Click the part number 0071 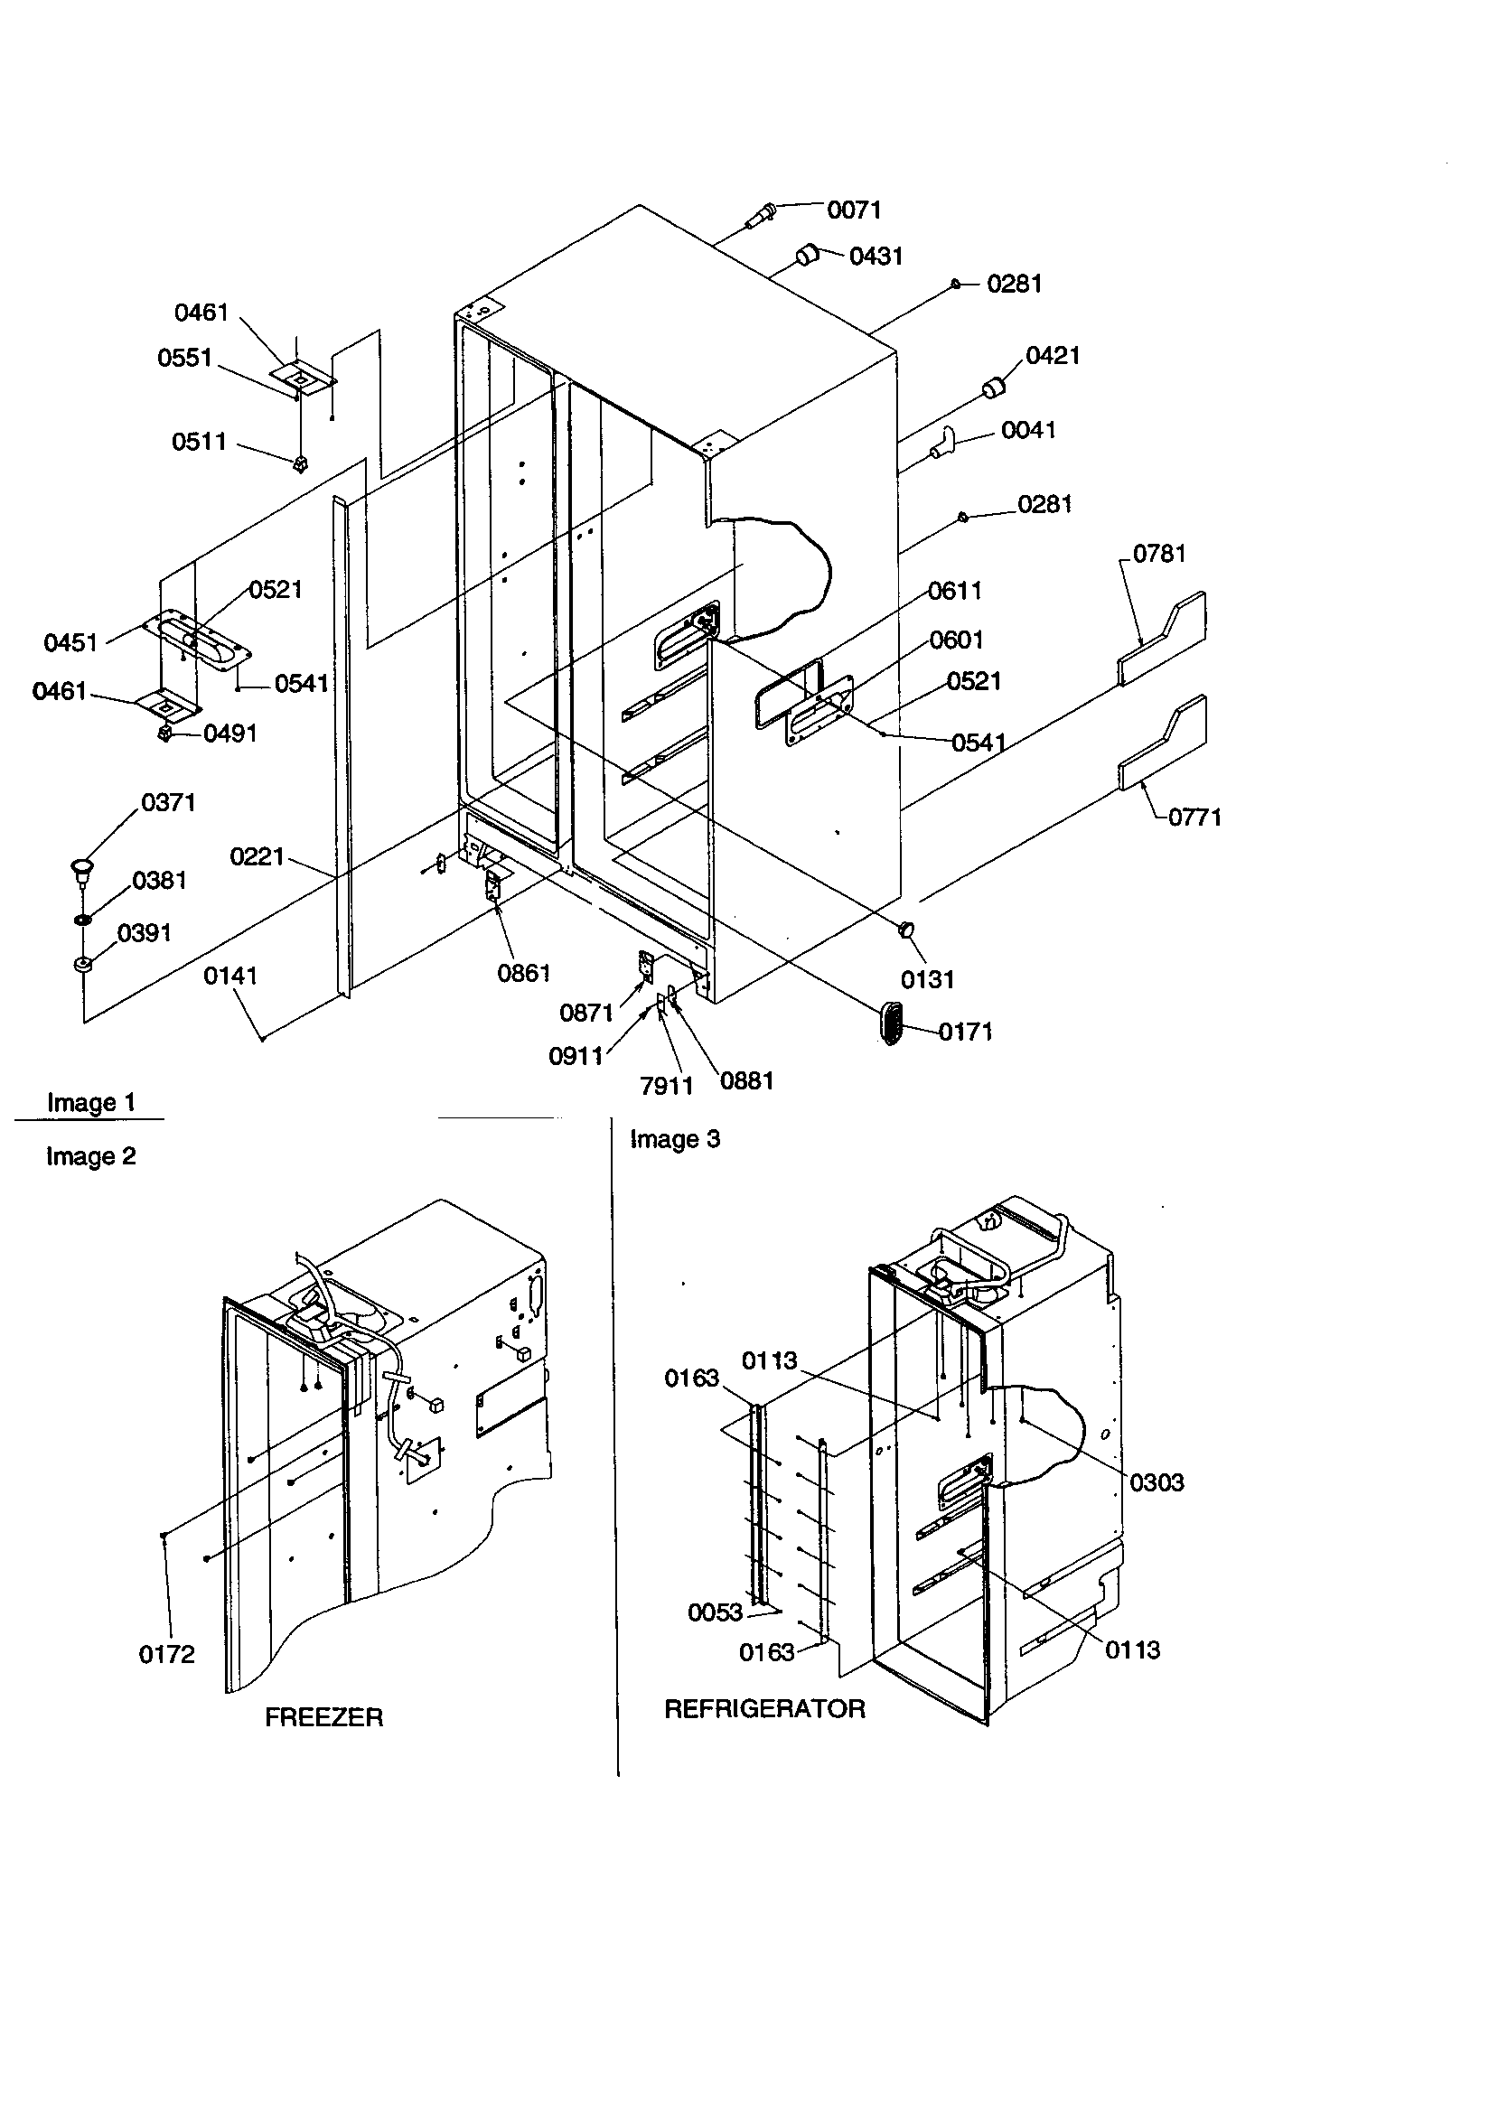coord(854,210)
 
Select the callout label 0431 coord(876,257)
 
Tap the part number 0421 coord(1052,356)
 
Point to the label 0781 coord(1158,554)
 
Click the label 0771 coord(1194,817)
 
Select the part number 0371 coord(168,803)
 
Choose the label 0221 coord(257,857)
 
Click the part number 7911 coord(666,1087)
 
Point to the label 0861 coord(524,973)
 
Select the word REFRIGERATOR coord(764,1709)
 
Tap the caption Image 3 coord(675,1140)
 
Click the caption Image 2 coord(91,1156)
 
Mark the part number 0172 coord(166,1655)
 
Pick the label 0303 coord(1156,1482)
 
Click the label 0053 coord(715,1612)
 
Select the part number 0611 coord(954,591)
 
